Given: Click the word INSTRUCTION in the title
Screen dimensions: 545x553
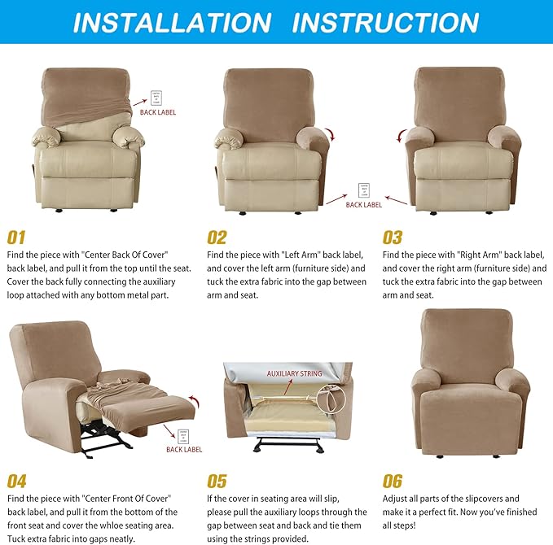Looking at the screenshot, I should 385,22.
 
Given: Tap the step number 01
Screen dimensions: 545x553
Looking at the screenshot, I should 17,238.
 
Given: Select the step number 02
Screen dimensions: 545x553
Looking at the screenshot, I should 217,238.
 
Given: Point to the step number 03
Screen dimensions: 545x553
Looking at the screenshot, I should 393,238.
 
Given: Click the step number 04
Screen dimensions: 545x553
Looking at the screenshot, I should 17,481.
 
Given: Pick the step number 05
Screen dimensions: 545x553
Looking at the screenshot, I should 217,481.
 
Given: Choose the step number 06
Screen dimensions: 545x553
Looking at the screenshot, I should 393,481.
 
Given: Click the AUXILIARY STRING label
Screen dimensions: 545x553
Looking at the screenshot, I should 295,373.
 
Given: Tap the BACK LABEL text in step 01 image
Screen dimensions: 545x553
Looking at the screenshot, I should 158,112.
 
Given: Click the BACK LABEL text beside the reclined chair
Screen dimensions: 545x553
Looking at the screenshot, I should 184,449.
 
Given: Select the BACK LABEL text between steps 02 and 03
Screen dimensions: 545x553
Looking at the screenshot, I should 363,205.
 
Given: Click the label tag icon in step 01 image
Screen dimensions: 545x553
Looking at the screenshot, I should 156,97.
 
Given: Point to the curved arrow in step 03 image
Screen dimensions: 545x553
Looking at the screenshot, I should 402,135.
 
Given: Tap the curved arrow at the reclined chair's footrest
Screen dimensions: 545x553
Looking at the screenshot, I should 192,400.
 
